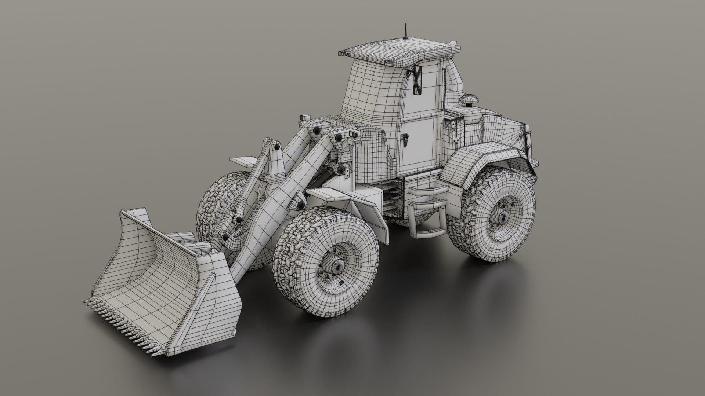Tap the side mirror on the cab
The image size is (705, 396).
coord(417,81)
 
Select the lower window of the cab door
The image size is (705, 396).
coord(419,141)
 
